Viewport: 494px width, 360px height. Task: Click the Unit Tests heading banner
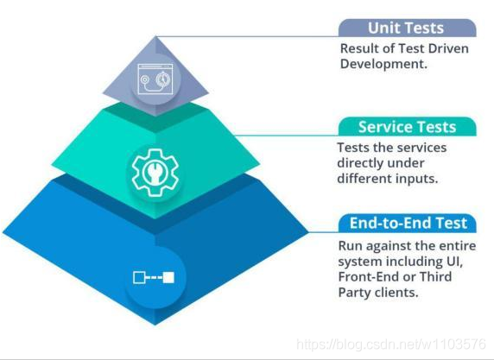pos(407,28)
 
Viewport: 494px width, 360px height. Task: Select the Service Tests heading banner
pos(407,127)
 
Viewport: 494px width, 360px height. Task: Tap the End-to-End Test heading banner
pos(407,223)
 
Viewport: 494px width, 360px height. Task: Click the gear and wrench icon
pos(155,173)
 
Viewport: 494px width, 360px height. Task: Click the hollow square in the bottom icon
pos(139,277)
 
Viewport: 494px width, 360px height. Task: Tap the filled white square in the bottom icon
pos(168,277)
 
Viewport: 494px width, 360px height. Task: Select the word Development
pos(383,64)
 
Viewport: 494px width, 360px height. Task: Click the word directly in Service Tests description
pos(362,163)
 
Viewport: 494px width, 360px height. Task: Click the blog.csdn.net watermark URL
pos(391,344)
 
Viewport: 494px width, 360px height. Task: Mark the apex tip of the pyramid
pos(155,36)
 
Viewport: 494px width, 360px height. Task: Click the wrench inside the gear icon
pos(155,173)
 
